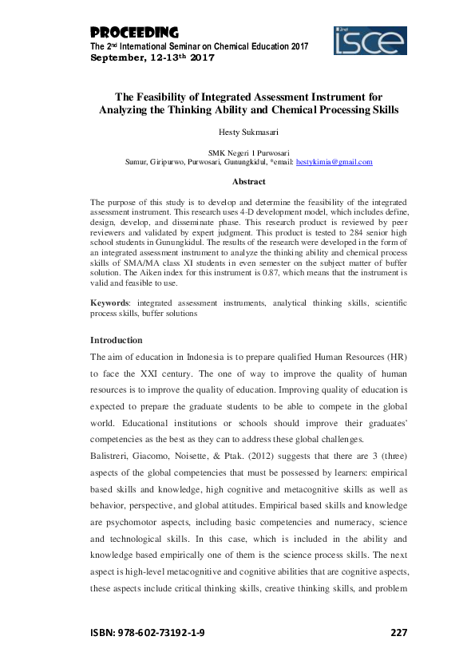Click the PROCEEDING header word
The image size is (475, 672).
(133, 33)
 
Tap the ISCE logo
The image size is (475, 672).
(370, 40)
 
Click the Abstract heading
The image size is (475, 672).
(237, 181)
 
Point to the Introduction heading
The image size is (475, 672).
(117, 339)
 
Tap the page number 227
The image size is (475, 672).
(398, 632)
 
